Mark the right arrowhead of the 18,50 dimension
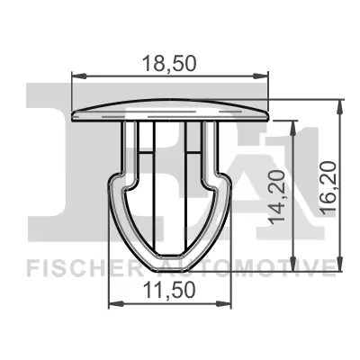click(x=265, y=76)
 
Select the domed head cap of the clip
click(x=170, y=107)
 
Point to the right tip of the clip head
click(x=268, y=113)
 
